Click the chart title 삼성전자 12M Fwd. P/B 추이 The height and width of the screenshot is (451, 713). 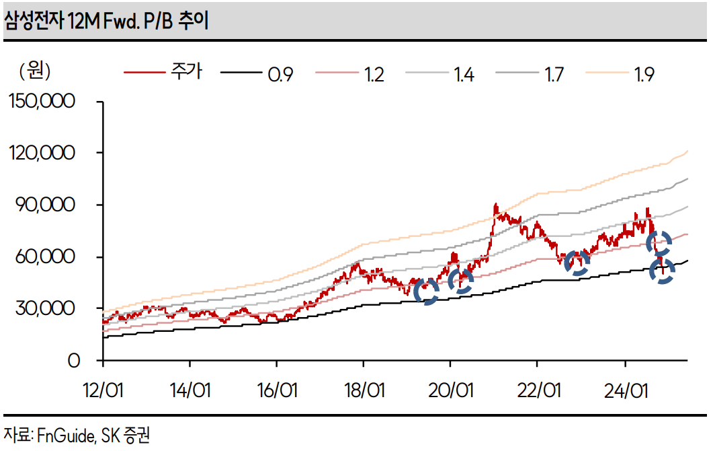coord(107,22)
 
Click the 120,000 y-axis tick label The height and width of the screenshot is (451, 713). coord(43,153)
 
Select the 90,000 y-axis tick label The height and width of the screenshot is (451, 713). coord(48,205)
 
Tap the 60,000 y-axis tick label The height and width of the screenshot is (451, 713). coord(48,256)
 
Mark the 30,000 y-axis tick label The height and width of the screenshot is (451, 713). coord(48,308)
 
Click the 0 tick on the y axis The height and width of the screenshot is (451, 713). coord(73,360)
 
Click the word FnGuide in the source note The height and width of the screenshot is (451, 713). coord(65,436)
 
